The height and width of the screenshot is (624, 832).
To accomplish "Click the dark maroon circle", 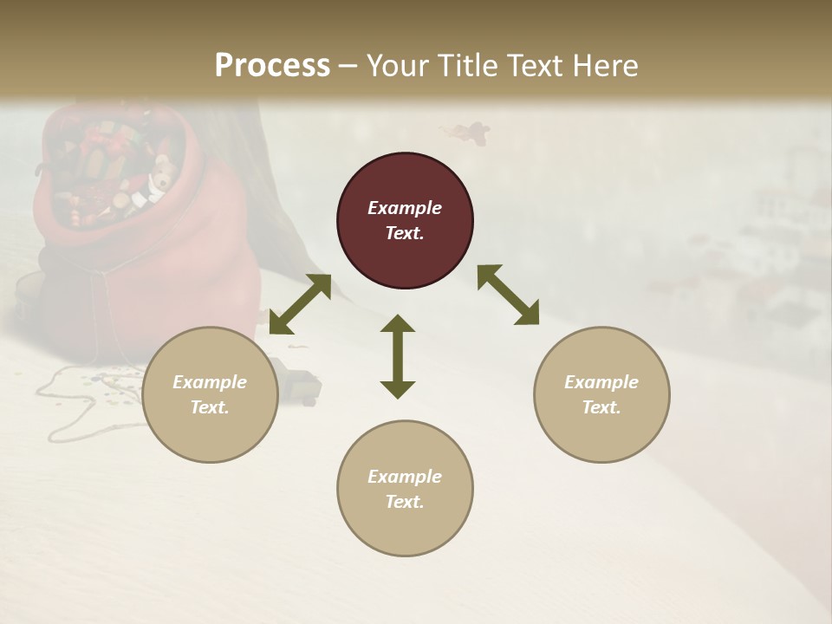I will coord(405,221).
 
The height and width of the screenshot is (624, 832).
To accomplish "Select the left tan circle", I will coord(210,394).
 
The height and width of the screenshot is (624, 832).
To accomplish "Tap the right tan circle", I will coord(601,394).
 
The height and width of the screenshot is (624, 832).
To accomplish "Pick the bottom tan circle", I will coord(405,489).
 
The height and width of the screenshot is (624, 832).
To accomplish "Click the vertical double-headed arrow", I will coord(398,356).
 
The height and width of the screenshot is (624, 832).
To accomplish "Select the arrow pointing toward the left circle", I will coord(300,304).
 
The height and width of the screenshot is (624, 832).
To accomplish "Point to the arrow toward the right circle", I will coord(509,295).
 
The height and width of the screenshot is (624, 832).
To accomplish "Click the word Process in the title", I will coord(272,65).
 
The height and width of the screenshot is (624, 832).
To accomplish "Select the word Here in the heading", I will coord(606,65).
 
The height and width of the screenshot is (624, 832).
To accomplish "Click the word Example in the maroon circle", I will coord(405,208).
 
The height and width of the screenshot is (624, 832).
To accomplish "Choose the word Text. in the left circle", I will coord(210,407).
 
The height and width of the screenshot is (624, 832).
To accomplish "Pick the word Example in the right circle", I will coord(601,382).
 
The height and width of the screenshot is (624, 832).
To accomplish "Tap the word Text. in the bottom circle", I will coord(405,502).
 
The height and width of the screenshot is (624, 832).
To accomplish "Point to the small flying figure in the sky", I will coord(468,132).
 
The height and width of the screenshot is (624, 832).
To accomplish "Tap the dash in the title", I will coord(348,66).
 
